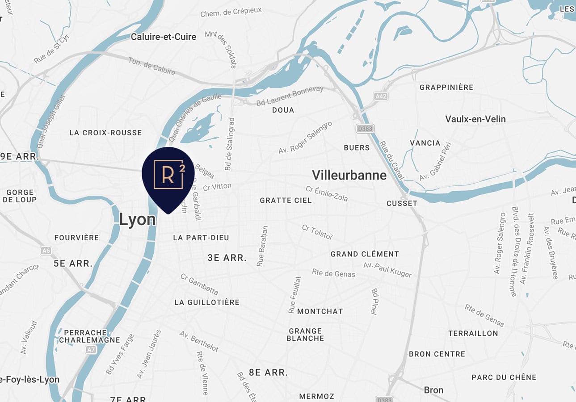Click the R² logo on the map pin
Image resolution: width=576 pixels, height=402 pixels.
(x=168, y=174)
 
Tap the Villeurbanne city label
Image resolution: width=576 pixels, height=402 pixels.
(x=349, y=175)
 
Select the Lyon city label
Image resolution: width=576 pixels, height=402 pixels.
(x=137, y=219)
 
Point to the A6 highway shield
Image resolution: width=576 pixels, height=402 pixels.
(x=46, y=251)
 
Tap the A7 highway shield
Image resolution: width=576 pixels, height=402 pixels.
(x=91, y=349)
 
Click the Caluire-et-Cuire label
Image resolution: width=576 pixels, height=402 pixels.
(x=163, y=37)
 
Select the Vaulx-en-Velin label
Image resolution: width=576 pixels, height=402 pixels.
(x=475, y=119)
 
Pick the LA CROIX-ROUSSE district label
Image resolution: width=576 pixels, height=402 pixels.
(x=105, y=133)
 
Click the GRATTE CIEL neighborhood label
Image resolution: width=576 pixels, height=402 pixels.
(x=286, y=201)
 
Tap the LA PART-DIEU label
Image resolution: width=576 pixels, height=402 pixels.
(x=201, y=238)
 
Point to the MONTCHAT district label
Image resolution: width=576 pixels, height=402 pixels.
(x=320, y=311)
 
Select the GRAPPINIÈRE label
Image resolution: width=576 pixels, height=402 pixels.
(x=446, y=87)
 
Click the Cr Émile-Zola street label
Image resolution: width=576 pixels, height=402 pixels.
(x=326, y=194)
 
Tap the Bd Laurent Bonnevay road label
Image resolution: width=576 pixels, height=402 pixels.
(x=290, y=96)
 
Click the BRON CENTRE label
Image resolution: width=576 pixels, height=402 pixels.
(x=437, y=354)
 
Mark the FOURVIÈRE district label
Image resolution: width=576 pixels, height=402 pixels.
(x=76, y=238)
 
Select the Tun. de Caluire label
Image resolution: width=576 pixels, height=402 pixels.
(x=151, y=66)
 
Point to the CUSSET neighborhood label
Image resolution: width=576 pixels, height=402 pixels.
(x=402, y=203)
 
